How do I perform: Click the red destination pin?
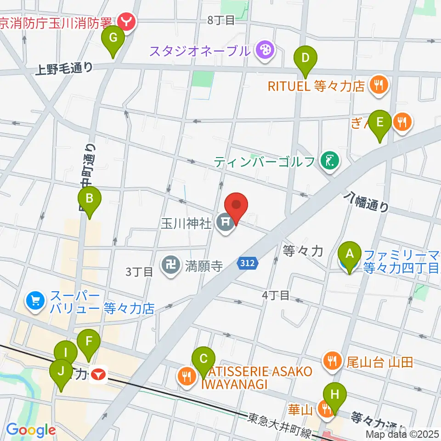point(237,208)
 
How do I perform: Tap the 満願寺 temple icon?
point(170,265)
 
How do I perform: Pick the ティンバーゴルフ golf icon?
point(330,161)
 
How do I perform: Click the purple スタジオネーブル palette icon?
point(265,50)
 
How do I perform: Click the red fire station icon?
point(125,20)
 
